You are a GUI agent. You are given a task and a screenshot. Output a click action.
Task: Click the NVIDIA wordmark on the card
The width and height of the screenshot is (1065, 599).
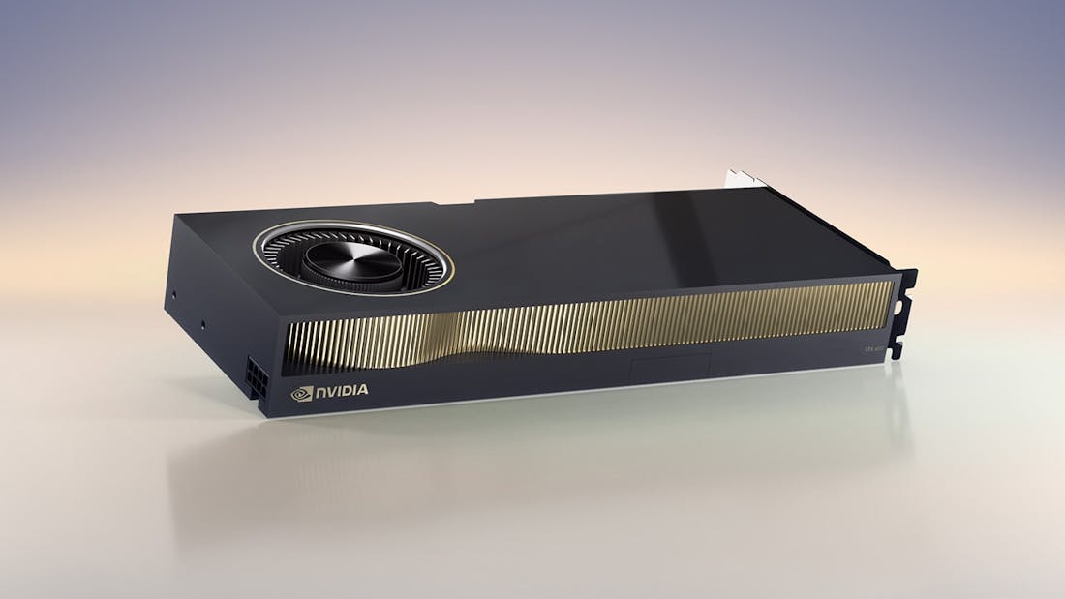[341, 391]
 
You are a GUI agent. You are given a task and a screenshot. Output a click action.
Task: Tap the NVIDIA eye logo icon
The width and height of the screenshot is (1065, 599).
[302, 393]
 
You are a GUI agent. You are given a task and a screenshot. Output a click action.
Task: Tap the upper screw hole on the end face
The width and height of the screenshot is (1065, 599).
[174, 292]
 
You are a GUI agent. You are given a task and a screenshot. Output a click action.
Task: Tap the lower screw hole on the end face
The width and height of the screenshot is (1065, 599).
[203, 325]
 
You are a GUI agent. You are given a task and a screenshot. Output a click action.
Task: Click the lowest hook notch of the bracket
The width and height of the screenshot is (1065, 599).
[898, 349]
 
